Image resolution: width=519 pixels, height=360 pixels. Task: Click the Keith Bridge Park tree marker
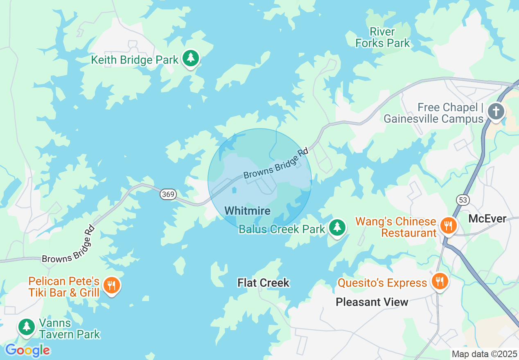190,58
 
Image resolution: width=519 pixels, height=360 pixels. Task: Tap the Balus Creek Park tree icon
337,227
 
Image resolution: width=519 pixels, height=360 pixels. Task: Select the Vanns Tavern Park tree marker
27,327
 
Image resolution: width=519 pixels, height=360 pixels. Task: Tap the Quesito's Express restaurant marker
440,281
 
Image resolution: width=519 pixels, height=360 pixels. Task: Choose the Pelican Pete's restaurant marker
111,285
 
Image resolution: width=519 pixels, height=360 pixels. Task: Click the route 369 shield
168,194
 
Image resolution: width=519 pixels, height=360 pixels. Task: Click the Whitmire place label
248,211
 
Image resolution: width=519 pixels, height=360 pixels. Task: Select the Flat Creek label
264,283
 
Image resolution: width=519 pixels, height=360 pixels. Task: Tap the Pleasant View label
372,302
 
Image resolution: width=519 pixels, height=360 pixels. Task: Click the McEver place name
487,218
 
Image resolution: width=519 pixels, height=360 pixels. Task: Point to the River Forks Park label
383,37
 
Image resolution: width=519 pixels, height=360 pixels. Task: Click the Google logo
27,350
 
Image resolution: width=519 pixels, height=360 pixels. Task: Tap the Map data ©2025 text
484,354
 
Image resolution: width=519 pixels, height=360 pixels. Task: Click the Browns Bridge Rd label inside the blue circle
275,164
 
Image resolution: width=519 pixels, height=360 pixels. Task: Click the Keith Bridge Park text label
135,60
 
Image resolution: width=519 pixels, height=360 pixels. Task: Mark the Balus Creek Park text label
282,229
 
